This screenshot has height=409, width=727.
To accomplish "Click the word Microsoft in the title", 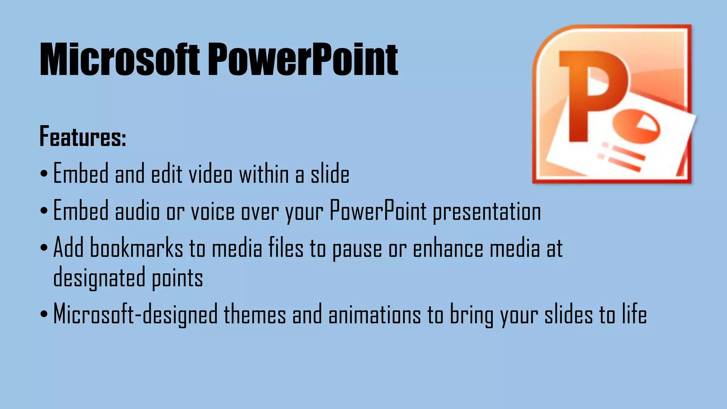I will click(x=119, y=60).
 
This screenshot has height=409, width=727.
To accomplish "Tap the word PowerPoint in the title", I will click(x=302, y=60).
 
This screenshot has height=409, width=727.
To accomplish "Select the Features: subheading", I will click(x=83, y=137).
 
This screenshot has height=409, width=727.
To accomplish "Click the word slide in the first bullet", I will click(x=330, y=174).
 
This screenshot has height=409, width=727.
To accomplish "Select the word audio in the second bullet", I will click(x=137, y=212).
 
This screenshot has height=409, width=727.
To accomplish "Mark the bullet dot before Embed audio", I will click(x=44, y=211).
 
